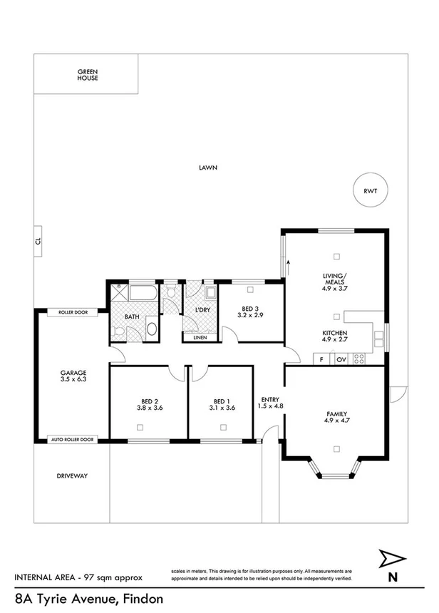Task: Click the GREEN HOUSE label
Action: tap(88, 75)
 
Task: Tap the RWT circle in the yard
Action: tap(369, 190)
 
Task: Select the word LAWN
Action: tap(208, 168)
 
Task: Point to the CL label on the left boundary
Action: tap(38, 242)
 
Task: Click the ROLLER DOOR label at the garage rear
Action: tap(73, 312)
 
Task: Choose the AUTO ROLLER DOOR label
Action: tap(73, 440)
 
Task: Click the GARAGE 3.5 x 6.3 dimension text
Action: tap(73, 376)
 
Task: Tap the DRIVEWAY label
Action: tap(73, 475)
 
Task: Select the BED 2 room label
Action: tap(150, 404)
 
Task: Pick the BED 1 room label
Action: tap(222, 404)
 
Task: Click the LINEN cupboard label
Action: tap(200, 338)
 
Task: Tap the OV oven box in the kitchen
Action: tap(341, 359)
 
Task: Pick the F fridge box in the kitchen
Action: tap(322, 359)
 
